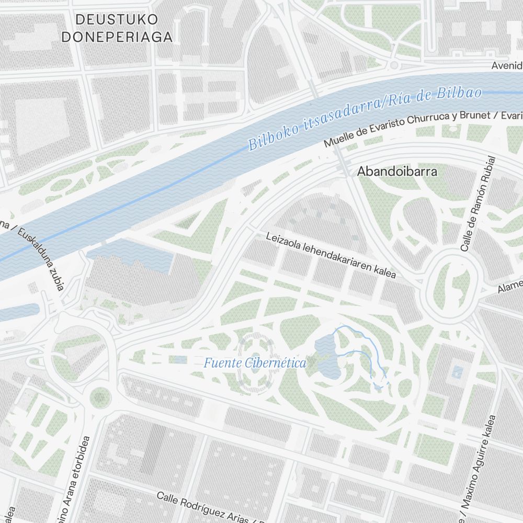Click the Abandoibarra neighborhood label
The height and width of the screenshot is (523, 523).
coord(397,172)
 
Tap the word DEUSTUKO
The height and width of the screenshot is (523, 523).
coord(117,20)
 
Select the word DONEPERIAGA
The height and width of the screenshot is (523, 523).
coord(117,37)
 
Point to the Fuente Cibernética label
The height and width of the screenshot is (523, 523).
coord(255,363)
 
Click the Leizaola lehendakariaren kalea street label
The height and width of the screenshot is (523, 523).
coord(331,255)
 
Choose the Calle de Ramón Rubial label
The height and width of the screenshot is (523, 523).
coord(475,204)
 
